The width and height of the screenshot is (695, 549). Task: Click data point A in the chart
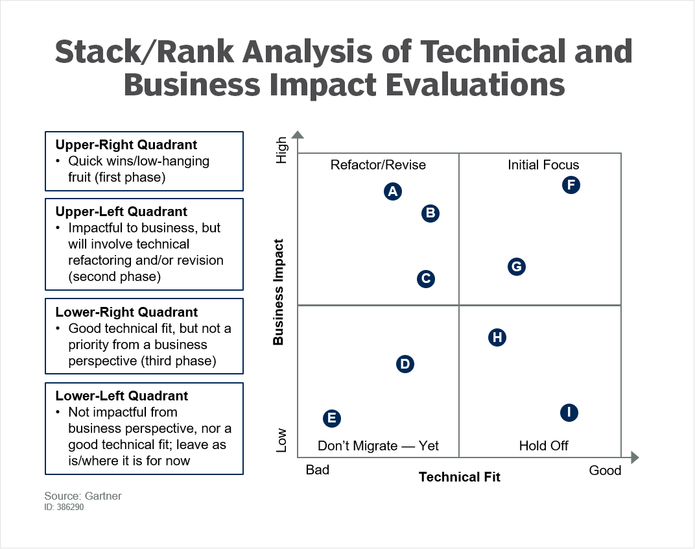pyautogui.click(x=392, y=191)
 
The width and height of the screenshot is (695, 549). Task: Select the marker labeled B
pyautogui.click(x=430, y=213)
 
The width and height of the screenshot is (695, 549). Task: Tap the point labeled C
pyautogui.click(x=425, y=279)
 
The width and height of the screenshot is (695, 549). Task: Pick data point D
pyautogui.click(x=405, y=364)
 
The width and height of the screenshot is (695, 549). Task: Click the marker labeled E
pyautogui.click(x=331, y=419)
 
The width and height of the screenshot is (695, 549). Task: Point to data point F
pyautogui.click(x=571, y=185)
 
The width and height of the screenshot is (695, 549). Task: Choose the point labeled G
pyautogui.click(x=516, y=267)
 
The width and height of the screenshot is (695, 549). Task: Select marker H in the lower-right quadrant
pyautogui.click(x=497, y=337)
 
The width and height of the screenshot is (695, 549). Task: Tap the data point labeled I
pyautogui.click(x=569, y=413)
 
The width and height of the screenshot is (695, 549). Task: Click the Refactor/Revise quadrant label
pyautogui.click(x=378, y=165)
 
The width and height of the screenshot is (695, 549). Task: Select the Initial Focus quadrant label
pyautogui.click(x=543, y=165)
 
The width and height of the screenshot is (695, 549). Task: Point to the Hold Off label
pyautogui.click(x=543, y=446)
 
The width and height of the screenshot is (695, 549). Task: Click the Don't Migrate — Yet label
pyautogui.click(x=378, y=446)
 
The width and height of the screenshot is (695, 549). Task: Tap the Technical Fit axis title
pyautogui.click(x=459, y=478)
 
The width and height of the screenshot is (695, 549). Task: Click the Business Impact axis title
pyautogui.click(x=279, y=292)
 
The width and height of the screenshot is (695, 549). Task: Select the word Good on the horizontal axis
pyautogui.click(x=605, y=470)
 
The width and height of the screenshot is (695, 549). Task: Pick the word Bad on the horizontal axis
pyautogui.click(x=318, y=470)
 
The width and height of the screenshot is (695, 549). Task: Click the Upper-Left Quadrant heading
pyautogui.click(x=121, y=212)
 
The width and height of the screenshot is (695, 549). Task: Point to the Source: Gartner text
pyautogui.click(x=83, y=496)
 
